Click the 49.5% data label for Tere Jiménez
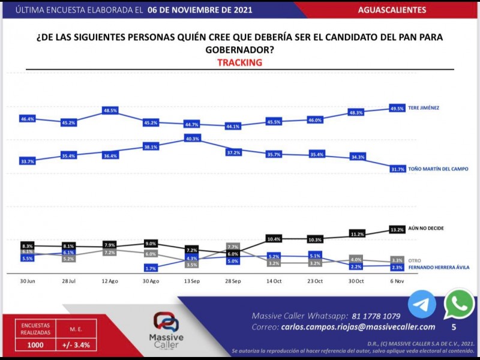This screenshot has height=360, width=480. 397,109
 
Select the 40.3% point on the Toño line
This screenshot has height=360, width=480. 192,139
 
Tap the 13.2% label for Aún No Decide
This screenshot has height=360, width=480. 397,229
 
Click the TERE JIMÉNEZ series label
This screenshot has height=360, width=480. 424,108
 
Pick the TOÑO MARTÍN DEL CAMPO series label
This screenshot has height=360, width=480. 437,170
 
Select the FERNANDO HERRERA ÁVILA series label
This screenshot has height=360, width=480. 439,267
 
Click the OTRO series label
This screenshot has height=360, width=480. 415,260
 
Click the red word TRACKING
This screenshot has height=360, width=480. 239,62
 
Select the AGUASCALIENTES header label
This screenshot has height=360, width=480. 392,10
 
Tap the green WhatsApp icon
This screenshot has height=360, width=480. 459,305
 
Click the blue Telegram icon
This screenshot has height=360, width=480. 422,305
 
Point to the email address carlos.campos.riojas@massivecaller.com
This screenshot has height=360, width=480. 358,327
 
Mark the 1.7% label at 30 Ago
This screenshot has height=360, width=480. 151,268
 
